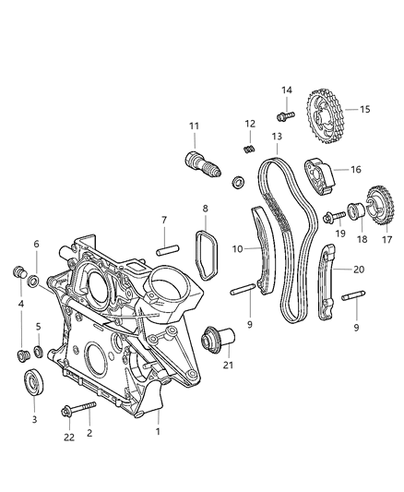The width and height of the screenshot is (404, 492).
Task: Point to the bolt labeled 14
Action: pos(284,115)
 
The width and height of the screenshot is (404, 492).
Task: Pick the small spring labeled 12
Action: pos(248,150)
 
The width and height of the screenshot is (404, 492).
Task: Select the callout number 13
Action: pos(277,137)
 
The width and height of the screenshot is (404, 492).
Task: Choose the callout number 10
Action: pos(238,249)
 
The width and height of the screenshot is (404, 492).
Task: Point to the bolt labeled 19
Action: pos(331,217)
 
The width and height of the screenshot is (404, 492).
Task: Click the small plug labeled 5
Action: pos(39,351)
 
